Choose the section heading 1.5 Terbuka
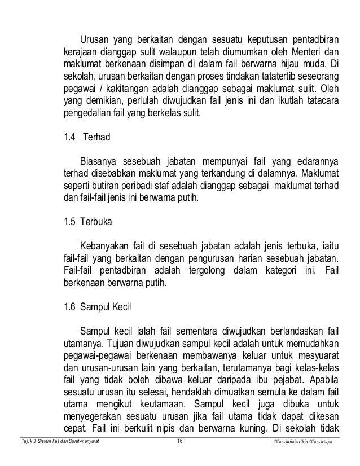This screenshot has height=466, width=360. pos(88,222)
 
